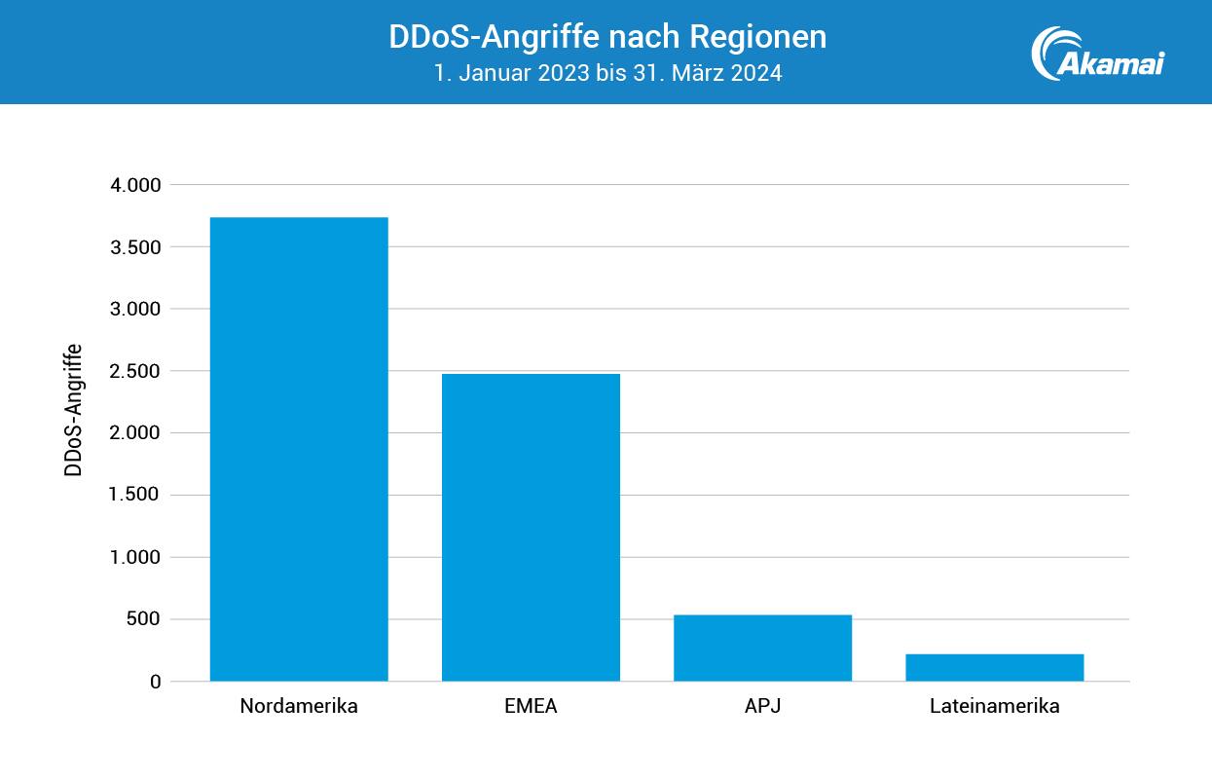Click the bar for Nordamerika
299,449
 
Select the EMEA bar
531,527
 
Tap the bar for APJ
762,648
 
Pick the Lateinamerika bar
994,667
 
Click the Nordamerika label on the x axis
299,707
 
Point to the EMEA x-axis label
531,707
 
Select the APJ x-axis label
762,707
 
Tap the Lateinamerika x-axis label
994,707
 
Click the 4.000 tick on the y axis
135,185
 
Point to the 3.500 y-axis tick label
135,247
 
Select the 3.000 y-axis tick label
135,309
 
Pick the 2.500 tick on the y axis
135,371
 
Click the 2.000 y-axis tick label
135,433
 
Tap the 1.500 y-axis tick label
135,496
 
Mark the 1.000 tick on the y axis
135,558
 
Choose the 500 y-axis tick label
142,619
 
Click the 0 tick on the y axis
155,682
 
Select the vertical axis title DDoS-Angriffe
73,410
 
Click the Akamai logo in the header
1097,53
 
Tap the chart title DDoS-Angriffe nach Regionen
607,37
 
